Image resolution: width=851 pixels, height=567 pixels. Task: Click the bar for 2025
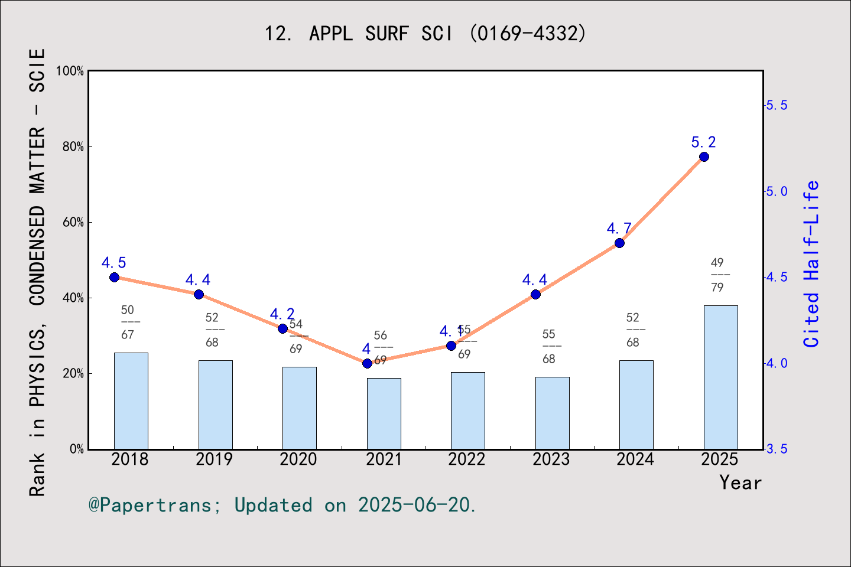[x=720, y=377]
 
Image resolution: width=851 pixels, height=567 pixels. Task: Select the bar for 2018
[x=131, y=401]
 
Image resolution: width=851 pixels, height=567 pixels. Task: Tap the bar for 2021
[x=384, y=413]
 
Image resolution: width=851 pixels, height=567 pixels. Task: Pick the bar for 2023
[x=552, y=413]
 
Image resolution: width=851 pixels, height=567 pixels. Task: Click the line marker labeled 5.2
[x=704, y=157]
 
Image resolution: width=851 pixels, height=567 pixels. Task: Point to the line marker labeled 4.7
[x=619, y=243]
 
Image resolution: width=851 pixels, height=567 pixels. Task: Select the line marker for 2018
[x=115, y=278]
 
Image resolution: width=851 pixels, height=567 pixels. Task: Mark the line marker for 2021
[x=367, y=363]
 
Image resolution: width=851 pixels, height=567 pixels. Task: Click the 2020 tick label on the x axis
[x=298, y=460]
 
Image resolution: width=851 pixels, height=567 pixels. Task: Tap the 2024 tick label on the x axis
[x=635, y=460]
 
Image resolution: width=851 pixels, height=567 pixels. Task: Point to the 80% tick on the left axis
[x=73, y=146]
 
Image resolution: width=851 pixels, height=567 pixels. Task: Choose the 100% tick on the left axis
[x=70, y=71]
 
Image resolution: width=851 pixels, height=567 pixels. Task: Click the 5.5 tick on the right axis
[x=777, y=105]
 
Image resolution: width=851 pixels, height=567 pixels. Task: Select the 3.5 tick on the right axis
[x=777, y=449]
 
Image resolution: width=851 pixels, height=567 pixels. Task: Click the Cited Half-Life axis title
[x=811, y=264]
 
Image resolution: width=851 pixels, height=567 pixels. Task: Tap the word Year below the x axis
[x=740, y=483]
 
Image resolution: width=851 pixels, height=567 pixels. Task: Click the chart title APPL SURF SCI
[x=425, y=34]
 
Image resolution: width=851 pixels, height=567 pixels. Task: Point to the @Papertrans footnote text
[x=282, y=505]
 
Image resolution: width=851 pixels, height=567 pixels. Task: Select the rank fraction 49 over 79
[x=717, y=275]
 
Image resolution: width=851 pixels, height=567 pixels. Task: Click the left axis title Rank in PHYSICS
[x=37, y=272]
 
